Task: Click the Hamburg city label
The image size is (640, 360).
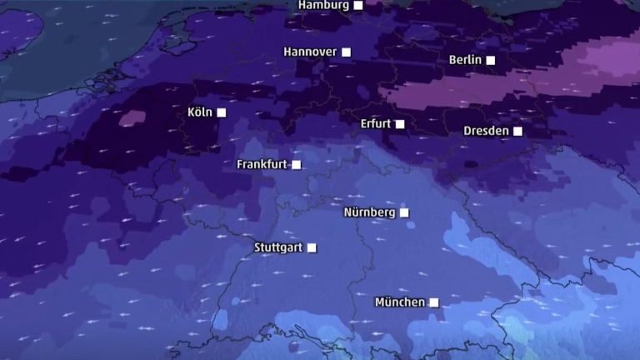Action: [323, 5]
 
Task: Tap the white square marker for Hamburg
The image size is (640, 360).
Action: [358, 5]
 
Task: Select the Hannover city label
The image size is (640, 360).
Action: [310, 52]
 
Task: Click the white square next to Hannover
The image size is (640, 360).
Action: [347, 52]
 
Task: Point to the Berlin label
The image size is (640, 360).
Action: [465, 60]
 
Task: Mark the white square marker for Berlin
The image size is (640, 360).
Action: [491, 60]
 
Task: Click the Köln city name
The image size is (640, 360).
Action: [201, 112]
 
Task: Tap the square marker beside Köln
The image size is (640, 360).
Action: [222, 112]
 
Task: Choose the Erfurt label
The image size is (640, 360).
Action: [376, 124]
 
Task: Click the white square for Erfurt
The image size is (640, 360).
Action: [400, 124]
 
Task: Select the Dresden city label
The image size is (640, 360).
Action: [486, 131]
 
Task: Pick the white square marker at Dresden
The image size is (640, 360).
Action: [517, 131]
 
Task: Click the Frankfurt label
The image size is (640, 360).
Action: [262, 164]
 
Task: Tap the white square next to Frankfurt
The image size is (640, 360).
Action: [296, 164]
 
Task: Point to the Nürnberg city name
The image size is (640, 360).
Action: [369, 212]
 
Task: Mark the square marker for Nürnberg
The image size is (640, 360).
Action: [404, 212]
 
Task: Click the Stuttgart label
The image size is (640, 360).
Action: [279, 247]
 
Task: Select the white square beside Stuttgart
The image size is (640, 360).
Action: [312, 247]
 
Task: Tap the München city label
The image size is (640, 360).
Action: [400, 302]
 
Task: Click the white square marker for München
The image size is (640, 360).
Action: [433, 302]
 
